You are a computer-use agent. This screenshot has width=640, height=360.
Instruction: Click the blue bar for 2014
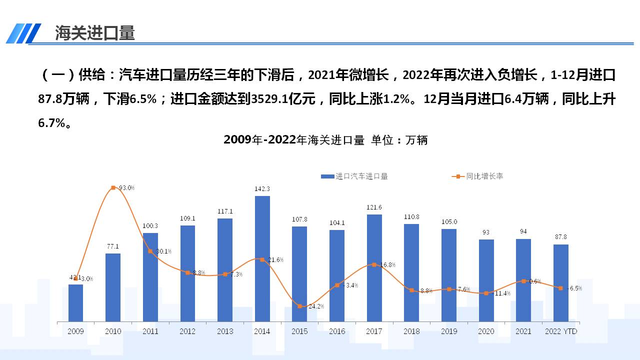click(262, 258)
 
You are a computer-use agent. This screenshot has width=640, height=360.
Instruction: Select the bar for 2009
click(75, 302)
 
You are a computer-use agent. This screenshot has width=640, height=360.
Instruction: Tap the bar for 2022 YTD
click(560, 282)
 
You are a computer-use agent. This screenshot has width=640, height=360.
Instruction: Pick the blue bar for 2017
click(374, 267)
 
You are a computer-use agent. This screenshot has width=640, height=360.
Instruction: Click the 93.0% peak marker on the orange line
click(113, 187)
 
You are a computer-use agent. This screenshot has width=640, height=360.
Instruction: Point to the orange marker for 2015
click(299, 306)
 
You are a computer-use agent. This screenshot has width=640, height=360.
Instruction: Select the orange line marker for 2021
click(523, 281)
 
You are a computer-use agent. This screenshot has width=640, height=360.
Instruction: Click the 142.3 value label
click(262, 189)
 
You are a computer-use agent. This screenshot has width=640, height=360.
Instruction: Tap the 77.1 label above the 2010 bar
click(113, 246)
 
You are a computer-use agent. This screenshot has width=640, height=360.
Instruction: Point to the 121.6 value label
click(374, 207)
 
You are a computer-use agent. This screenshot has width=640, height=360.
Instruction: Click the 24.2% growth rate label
click(316, 306)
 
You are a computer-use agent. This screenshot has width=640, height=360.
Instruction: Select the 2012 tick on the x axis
click(187, 331)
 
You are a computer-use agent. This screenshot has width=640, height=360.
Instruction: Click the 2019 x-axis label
click(449, 331)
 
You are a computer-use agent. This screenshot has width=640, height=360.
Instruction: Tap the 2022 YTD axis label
click(561, 331)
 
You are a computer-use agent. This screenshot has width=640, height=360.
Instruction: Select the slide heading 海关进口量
click(95, 33)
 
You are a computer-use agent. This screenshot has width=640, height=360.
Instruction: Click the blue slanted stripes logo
click(23, 33)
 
